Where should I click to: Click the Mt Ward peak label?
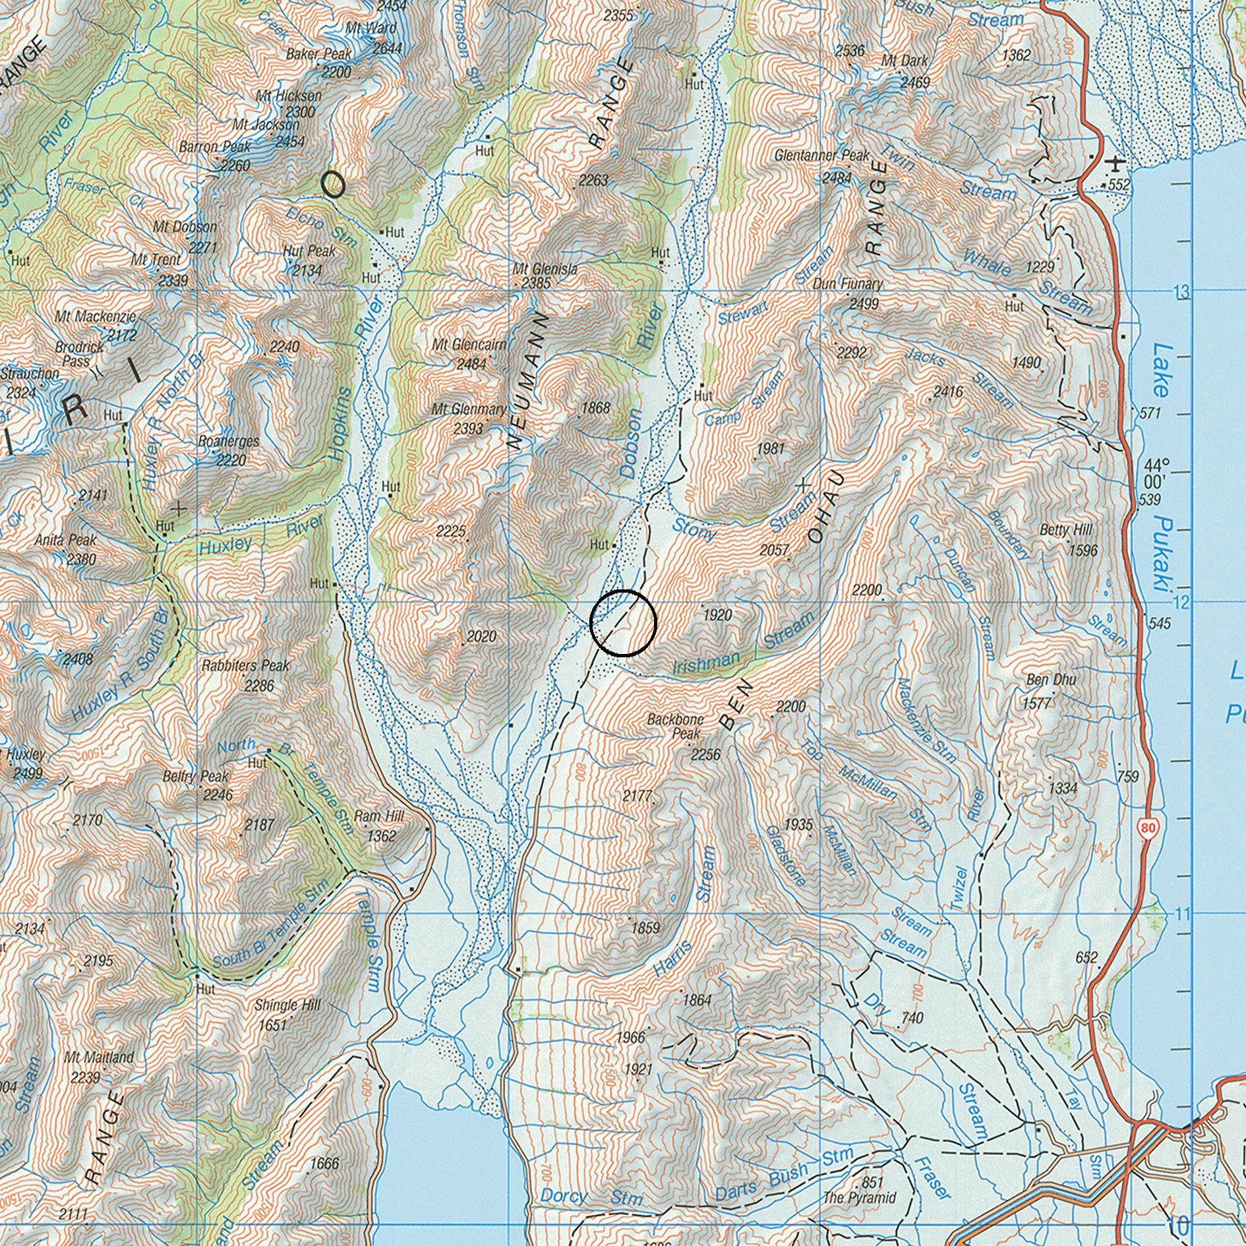[x=371, y=28]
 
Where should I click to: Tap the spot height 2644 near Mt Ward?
[x=387, y=48]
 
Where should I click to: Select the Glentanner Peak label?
[x=822, y=156]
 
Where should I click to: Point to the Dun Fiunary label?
[x=847, y=284]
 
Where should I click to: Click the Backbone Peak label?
[x=675, y=726]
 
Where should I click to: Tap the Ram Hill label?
[x=379, y=816]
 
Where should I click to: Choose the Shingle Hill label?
[x=287, y=1005]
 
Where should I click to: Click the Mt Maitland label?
[x=99, y=1057]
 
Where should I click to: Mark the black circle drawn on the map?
[x=623, y=623]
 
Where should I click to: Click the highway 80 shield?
[x=1148, y=829]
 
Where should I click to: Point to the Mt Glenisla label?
[x=545, y=269]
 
